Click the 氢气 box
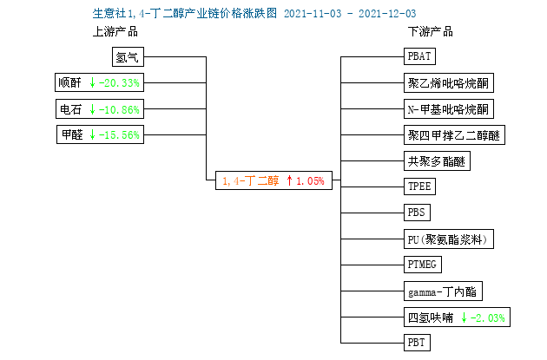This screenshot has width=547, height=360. [128, 56]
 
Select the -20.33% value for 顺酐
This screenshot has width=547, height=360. [119, 83]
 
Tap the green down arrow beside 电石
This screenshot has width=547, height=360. [92, 109]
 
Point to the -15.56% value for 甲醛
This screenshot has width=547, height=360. [119, 134]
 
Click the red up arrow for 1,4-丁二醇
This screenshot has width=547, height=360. [289, 180]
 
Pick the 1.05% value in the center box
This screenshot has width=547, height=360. [310, 181]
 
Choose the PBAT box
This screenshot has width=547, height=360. [419, 56]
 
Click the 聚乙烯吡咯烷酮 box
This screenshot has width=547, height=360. [449, 83]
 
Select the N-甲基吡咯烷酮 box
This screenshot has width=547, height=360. [449, 109]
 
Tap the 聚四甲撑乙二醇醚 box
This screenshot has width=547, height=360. [454, 134]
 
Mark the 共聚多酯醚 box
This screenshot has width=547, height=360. [437, 161]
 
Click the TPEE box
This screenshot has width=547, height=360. [419, 187]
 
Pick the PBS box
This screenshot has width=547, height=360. [417, 213]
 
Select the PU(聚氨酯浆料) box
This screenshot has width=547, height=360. [449, 239]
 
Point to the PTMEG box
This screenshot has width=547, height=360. [423, 265]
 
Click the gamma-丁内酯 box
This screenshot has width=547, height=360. [443, 291]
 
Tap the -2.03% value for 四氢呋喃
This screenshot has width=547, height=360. [487, 317]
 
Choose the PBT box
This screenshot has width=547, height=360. [417, 343]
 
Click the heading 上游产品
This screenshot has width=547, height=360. [115, 32]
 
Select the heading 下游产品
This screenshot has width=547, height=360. [431, 32]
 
